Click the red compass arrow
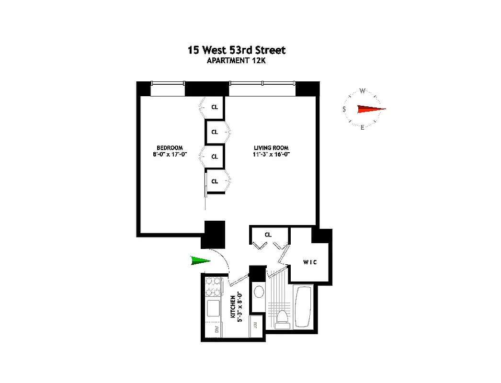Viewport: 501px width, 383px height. point(371,109)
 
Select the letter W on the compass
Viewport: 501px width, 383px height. point(363,91)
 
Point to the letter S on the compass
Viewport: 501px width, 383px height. point(344,110)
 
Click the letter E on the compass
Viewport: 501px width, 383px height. point(362,127)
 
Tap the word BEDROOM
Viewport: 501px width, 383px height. point(170,147)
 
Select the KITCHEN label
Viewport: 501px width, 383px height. point(233,307)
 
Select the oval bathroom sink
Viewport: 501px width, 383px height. point(259,292)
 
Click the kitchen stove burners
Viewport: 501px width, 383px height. point(213,286)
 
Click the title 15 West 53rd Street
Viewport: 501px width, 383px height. point(236,50)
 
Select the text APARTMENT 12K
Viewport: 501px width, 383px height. point(236,61)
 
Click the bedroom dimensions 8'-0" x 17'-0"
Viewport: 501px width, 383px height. point(170,154)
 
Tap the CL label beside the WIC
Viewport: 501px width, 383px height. point(268,235)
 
